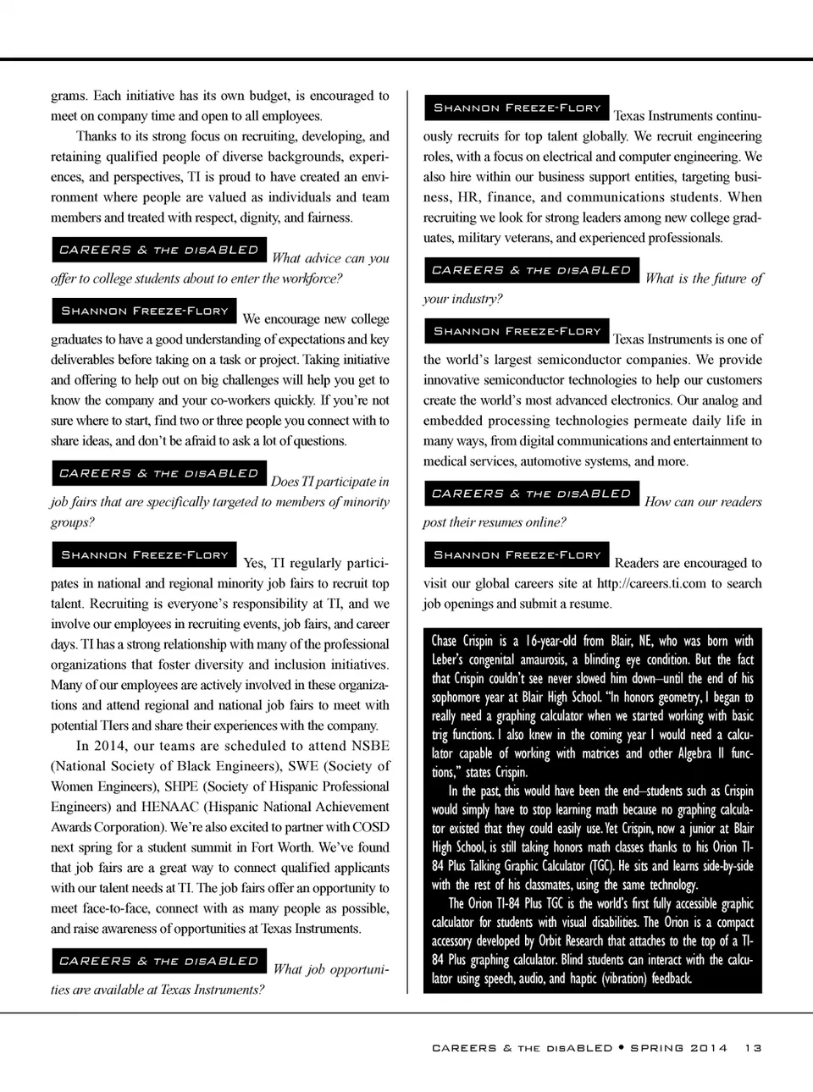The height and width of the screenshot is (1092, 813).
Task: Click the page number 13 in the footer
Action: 753,1047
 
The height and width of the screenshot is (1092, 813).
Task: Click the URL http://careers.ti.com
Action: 651,583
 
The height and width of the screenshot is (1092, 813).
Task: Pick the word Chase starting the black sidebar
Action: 445,641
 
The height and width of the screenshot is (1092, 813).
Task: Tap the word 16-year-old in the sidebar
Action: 550,641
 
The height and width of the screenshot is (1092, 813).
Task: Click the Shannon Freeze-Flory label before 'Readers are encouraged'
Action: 517,555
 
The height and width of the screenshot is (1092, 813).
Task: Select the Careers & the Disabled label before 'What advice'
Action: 158,251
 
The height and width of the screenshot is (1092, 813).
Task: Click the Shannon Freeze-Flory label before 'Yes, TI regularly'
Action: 144,555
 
